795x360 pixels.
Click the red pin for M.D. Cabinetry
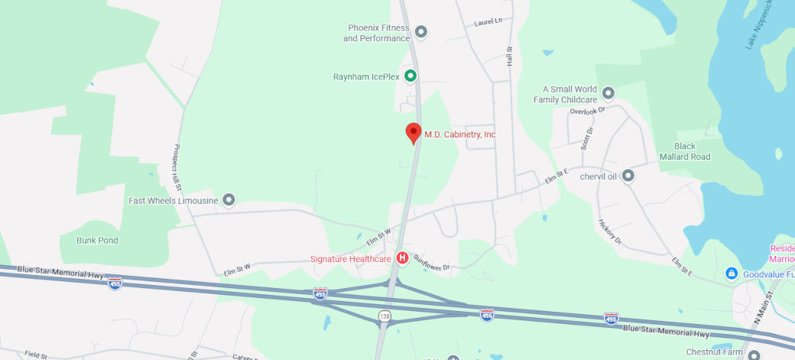pyautogui.click(x=414, y=132)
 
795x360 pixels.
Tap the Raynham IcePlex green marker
pyautogui.click(x=410, y=76)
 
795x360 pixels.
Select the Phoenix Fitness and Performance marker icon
pyautogui.click(x=420, y=32)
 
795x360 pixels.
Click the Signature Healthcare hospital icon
pyautogui.click(x=401, y=258)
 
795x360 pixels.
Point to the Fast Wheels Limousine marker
pyautogui.click(x=228, y=200)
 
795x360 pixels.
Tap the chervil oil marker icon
pyautogui.click(x=628, y=176)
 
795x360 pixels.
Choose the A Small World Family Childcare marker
pyautogui.click(x=608, y=93)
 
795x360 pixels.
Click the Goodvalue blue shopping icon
pyautogui.click(x=732, y=273)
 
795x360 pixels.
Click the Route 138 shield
pyautogui.click(x=385, y=315)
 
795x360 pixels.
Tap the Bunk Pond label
pyautogui.click(x=97, y=240)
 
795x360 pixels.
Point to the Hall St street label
pyautogui.click(x=509, y=55)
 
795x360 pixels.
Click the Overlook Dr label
pyautogui.click(x=586, y=111)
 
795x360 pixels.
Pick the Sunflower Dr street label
pyautogui.click(x=432, y=262)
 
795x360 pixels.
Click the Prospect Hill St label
pyautogui.click(x=177, y=167)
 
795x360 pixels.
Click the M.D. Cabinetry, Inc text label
pyautogui.click(x=460, y=135)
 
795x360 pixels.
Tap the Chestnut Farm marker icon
pyautogui.click(x=754, y=355)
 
